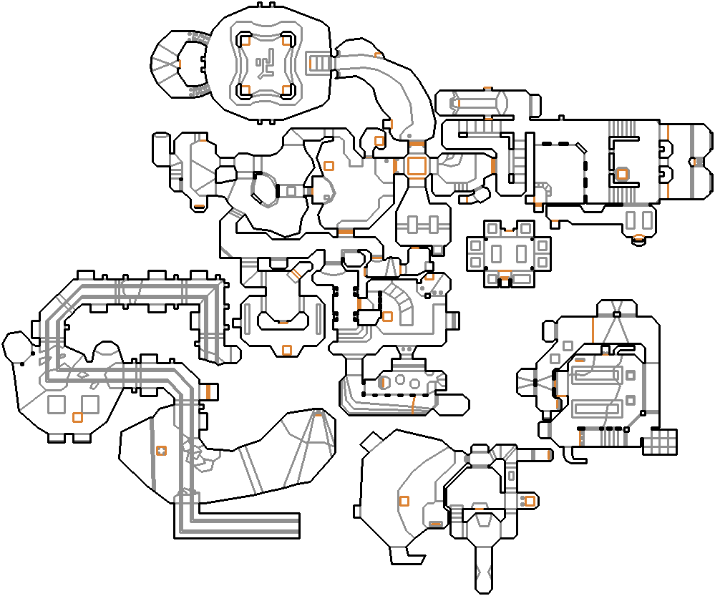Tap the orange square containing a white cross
(x=161, y=450)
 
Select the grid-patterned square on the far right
(x=659, y=441)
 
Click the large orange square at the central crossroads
(x=416, y=165)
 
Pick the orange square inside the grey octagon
(x=621, y=174)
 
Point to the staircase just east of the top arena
(x=321, y=63)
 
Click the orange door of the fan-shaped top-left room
(x=179, y=64)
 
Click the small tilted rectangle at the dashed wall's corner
(x=580, y=148)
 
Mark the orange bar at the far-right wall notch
(x=698, y=162)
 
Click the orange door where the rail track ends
(x=208, y=391)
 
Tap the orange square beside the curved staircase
(x=387, y=316)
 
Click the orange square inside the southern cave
(x=404, y=501)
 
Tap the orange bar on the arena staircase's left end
(x=311, y=63)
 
